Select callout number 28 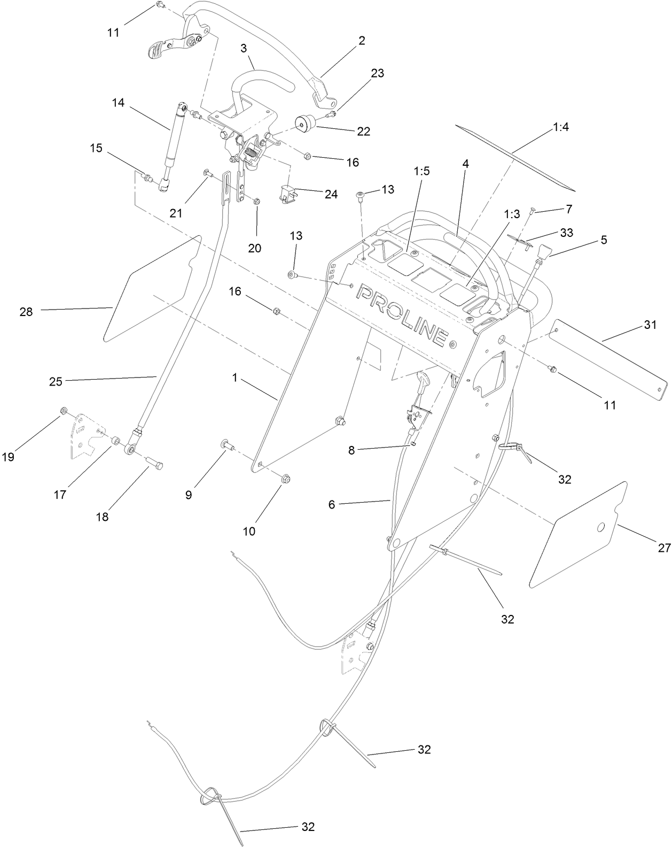pyautogui.click(x=26, y=311)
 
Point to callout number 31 pyautogui.click(x=650, y=325)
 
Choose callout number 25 pyautogui.click(x=56, y=381)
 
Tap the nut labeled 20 pyautogui.click(x=256, y=201)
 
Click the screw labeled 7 pyautogui.click(x=533, y=212)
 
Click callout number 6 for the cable pyautogui.click(x=332, y=504)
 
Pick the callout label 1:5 pyautogui.click(x=421, y=171)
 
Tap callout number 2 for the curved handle pyautogui.click(x=362, y=41)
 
